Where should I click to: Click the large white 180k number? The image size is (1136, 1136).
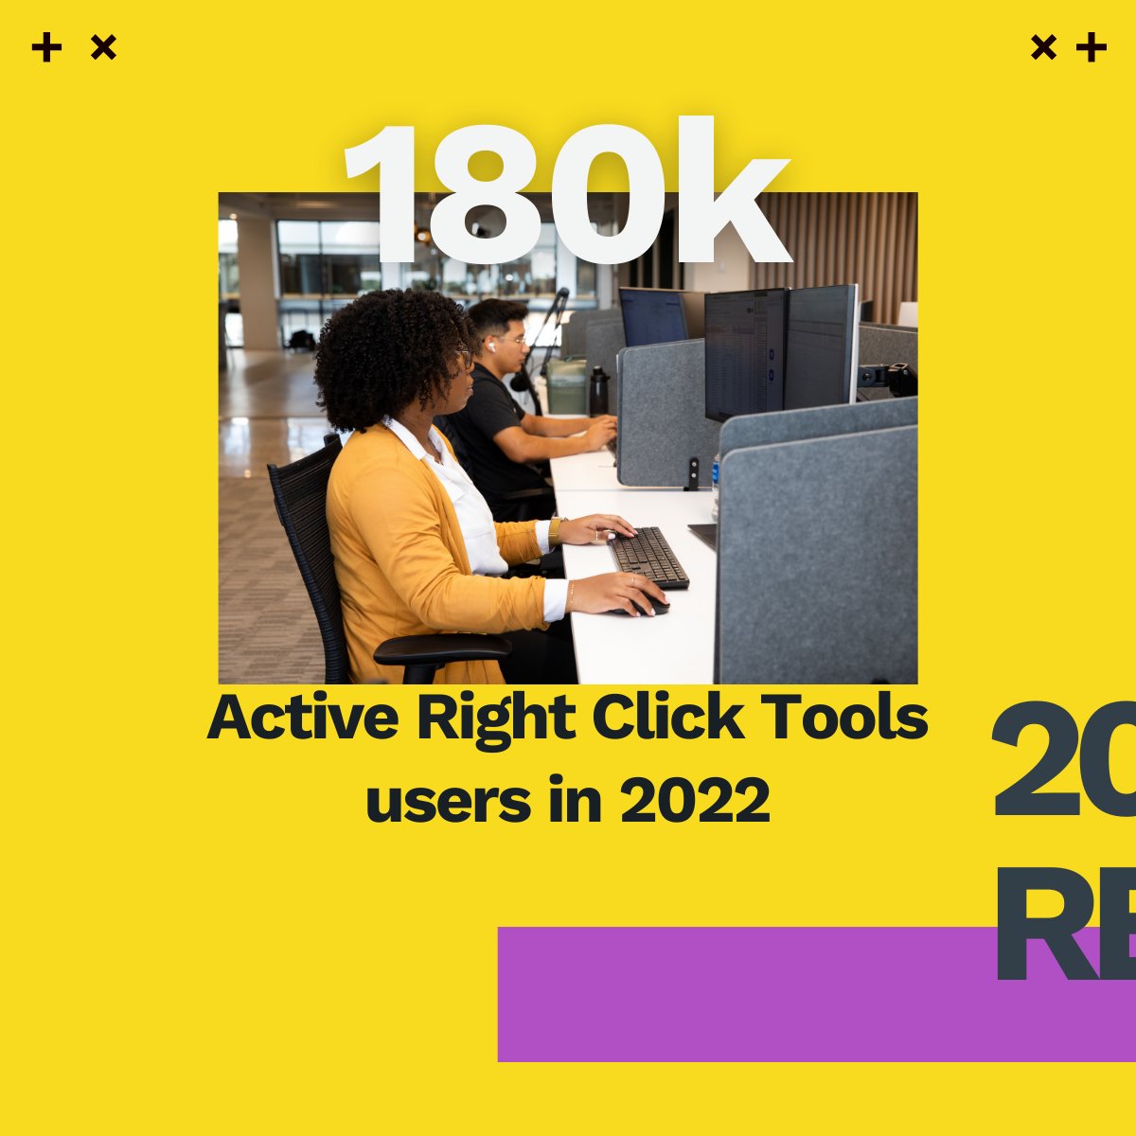pos(565,194)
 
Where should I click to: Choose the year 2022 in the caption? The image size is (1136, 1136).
pos(694,801)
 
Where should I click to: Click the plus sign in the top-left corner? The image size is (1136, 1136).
pos(46,47)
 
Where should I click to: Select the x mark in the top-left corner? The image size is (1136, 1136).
pos(103,47)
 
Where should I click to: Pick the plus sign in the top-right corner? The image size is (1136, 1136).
pos(1092,47)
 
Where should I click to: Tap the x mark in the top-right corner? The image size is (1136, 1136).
pos(1043,47)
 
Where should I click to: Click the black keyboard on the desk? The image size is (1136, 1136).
pos(648,557)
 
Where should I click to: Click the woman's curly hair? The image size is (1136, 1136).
pos(388,355)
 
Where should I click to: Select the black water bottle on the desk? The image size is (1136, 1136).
pos(598,390)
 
